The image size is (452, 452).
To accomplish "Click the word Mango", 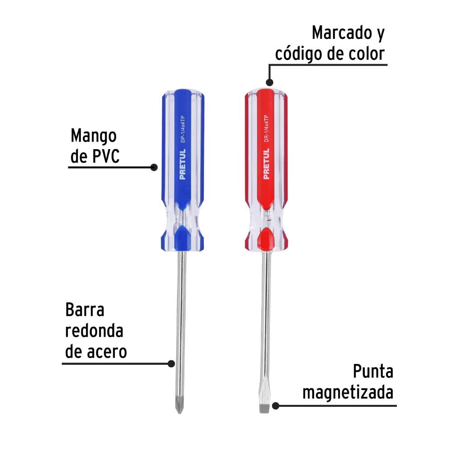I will click(x=94, y=136).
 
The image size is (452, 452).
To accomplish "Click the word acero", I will click(x=108, y=352).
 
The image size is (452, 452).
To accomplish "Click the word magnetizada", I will click(x=348, y=392).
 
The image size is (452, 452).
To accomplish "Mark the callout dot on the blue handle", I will click(x=154, y=168).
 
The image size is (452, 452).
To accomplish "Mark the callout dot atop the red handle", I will click(x=269, y=82).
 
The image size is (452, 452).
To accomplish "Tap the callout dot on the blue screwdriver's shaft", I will click(x=171, y=363).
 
